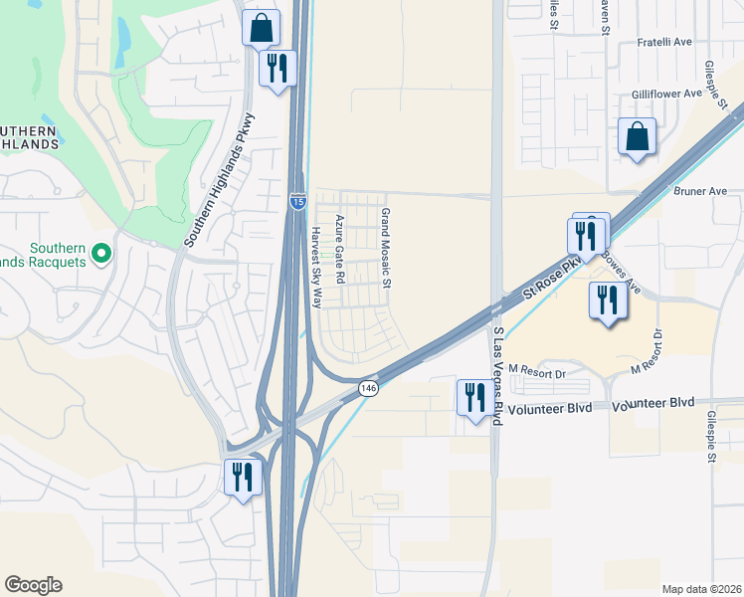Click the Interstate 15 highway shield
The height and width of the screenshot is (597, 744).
[297, 201]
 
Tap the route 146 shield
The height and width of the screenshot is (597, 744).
[368, 388]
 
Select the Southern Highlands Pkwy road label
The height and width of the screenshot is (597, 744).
[221, 180]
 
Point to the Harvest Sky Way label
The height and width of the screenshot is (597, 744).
[315, 268]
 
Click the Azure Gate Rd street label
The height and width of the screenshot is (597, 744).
[339, 247]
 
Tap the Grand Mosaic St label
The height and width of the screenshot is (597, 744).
[386, 249]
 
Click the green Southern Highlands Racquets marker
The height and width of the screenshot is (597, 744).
[99, 256]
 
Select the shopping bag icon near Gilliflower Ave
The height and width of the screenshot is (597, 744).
[637, 136]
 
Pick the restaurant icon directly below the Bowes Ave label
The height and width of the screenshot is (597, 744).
[606, 299]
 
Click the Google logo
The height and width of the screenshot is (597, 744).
[33, 585]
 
